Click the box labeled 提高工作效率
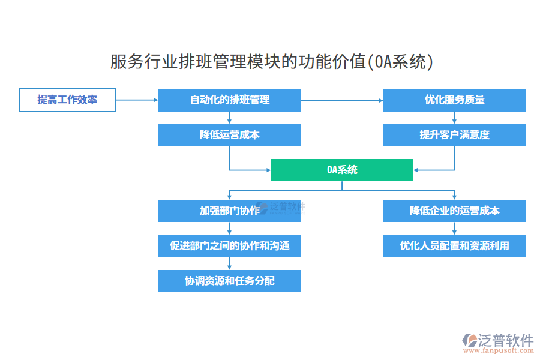pyautogui.click(x=67, y=100)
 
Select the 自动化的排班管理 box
pyautogui.click(x=229, y=100)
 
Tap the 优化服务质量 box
pyautogui.click(x=454, y=100)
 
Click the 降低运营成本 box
pyautogui.click(x=229, y=135)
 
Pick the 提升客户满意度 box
pyautogui.click(x=454, y=135)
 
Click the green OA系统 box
pyautogui.click(x=342, y=170)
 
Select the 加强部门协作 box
pyautogui.click(x=229, y=211)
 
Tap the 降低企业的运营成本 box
pyautogui.click(x=454, y=211)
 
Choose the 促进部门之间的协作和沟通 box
pyautogui.click(x=229, y=245)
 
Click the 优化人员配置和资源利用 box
pyautogui.click(x=454, y=245)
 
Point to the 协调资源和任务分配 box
pyautogui.click(x=229, y=281)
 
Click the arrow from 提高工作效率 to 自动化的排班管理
pyautogui.click(x=136, y=100)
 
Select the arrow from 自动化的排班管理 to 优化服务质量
pyautogui.click(x=342, y=100)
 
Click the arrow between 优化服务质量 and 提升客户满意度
pyautogui.click(x=454, y=118)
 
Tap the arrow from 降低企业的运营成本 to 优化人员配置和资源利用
pyautogui.click(x=454, y=228)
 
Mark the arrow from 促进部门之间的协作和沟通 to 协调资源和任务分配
pyautogui.click(x=229, y=263)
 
